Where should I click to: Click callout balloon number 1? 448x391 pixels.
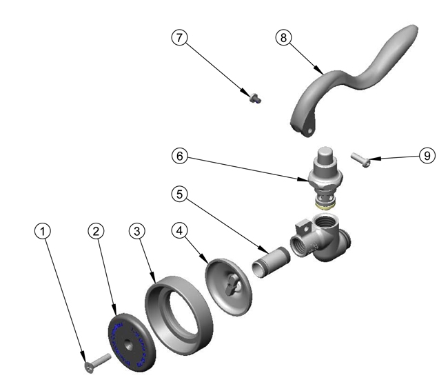(44, 232)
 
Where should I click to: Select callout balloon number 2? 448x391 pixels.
(96, 232)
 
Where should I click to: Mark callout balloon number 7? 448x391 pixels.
(181, 38)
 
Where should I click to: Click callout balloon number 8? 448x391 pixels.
(283, 38)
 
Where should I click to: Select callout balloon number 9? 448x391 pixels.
(427, 156)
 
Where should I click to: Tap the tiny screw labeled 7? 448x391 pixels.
(254, 99)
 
